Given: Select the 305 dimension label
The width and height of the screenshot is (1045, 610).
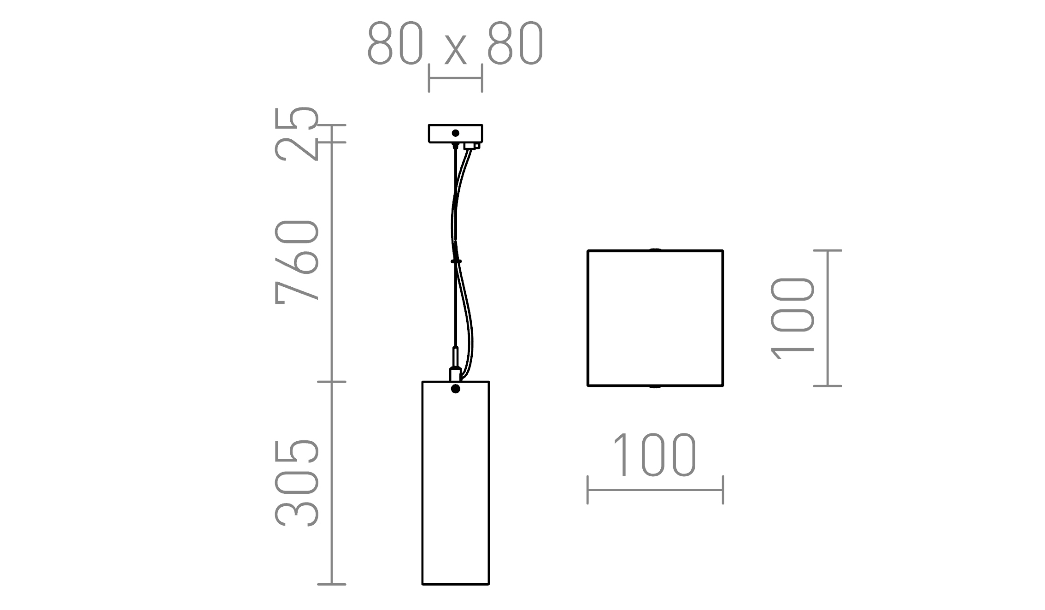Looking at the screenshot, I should tap(297, 483).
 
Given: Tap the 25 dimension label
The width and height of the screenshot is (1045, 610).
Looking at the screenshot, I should tap(297, 134).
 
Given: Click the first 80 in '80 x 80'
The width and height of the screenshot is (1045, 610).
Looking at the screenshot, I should tap(395, 43).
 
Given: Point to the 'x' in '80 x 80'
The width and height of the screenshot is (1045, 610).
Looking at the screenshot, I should tap(455, 50).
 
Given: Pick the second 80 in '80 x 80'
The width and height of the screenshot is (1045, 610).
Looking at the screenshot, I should tap(516, 43).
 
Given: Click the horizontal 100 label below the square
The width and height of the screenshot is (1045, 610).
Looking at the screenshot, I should tap(655, 455).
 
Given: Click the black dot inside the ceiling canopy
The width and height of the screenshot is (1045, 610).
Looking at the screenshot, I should tap(455, 133).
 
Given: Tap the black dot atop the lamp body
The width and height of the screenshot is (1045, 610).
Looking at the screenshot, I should tap(456, 389).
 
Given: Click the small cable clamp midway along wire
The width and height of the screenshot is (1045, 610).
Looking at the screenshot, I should tap(456, 261).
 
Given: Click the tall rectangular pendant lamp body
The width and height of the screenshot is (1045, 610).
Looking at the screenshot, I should tap(455, 489).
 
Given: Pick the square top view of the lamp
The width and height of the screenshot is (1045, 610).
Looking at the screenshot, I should tap(655, 318).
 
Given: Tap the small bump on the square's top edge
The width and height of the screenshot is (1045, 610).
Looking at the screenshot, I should tap(655, 250).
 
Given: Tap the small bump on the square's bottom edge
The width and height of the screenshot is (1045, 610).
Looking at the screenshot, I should tap(655, 386).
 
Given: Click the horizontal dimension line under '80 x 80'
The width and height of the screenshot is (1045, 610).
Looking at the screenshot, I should tap(455, 78).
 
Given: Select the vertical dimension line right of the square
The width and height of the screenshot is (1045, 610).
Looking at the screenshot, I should tap(828, 318).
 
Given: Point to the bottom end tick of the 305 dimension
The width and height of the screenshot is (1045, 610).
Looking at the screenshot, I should tap(332, 584).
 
